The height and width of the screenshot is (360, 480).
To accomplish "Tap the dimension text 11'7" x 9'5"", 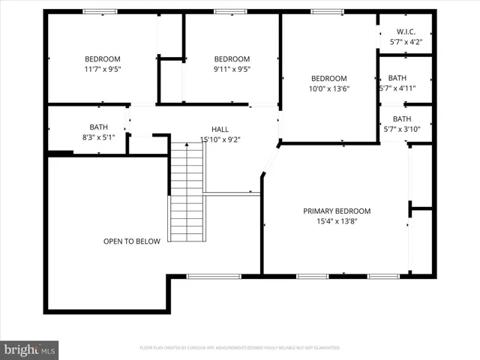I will coord(102,69).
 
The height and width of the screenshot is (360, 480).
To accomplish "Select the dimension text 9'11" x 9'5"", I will coord(232,69).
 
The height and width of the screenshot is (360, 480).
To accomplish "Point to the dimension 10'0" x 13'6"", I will coord(329,88).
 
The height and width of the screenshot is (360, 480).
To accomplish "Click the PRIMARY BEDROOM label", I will coord(337,211).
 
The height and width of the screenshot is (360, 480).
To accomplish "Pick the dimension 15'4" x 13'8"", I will coord(337,221).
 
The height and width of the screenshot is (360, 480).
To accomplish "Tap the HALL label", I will coord(220,129).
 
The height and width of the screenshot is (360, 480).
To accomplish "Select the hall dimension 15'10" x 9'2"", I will coord(220,139).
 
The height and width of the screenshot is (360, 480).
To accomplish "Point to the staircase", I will coord(186,192).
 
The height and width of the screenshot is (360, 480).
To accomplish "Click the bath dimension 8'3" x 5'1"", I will coord(99,137).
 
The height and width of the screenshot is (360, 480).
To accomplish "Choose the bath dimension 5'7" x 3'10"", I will coord(402,129).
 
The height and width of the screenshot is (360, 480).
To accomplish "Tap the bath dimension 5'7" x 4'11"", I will coord(397,88).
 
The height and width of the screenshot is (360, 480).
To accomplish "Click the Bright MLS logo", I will coord(29,349).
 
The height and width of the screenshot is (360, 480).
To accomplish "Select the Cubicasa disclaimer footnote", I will coord(240,348).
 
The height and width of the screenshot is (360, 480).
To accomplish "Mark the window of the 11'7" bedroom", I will coord(99,12).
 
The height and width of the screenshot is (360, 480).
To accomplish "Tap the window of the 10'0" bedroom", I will coord(327,12).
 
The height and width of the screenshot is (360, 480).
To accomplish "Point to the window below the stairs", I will coord(213,276).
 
